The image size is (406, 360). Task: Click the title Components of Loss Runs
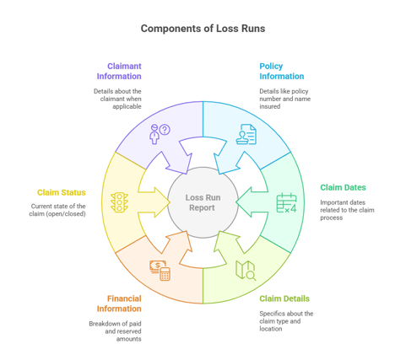(203, 29)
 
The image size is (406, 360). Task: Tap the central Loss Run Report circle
(203, 202)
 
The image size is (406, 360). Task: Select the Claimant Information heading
(118, 70)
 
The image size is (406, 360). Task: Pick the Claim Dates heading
(343, 187)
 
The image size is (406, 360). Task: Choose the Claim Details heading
(284, 298)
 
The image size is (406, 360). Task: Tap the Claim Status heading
(61, 192)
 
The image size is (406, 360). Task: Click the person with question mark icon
(159, 133)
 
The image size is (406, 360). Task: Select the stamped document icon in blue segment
(246, 134)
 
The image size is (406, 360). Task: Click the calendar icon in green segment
(287, 202)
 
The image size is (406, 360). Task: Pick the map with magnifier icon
(246, 271)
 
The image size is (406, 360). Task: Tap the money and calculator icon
(160, 270)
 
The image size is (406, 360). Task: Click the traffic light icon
(118, 202)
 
